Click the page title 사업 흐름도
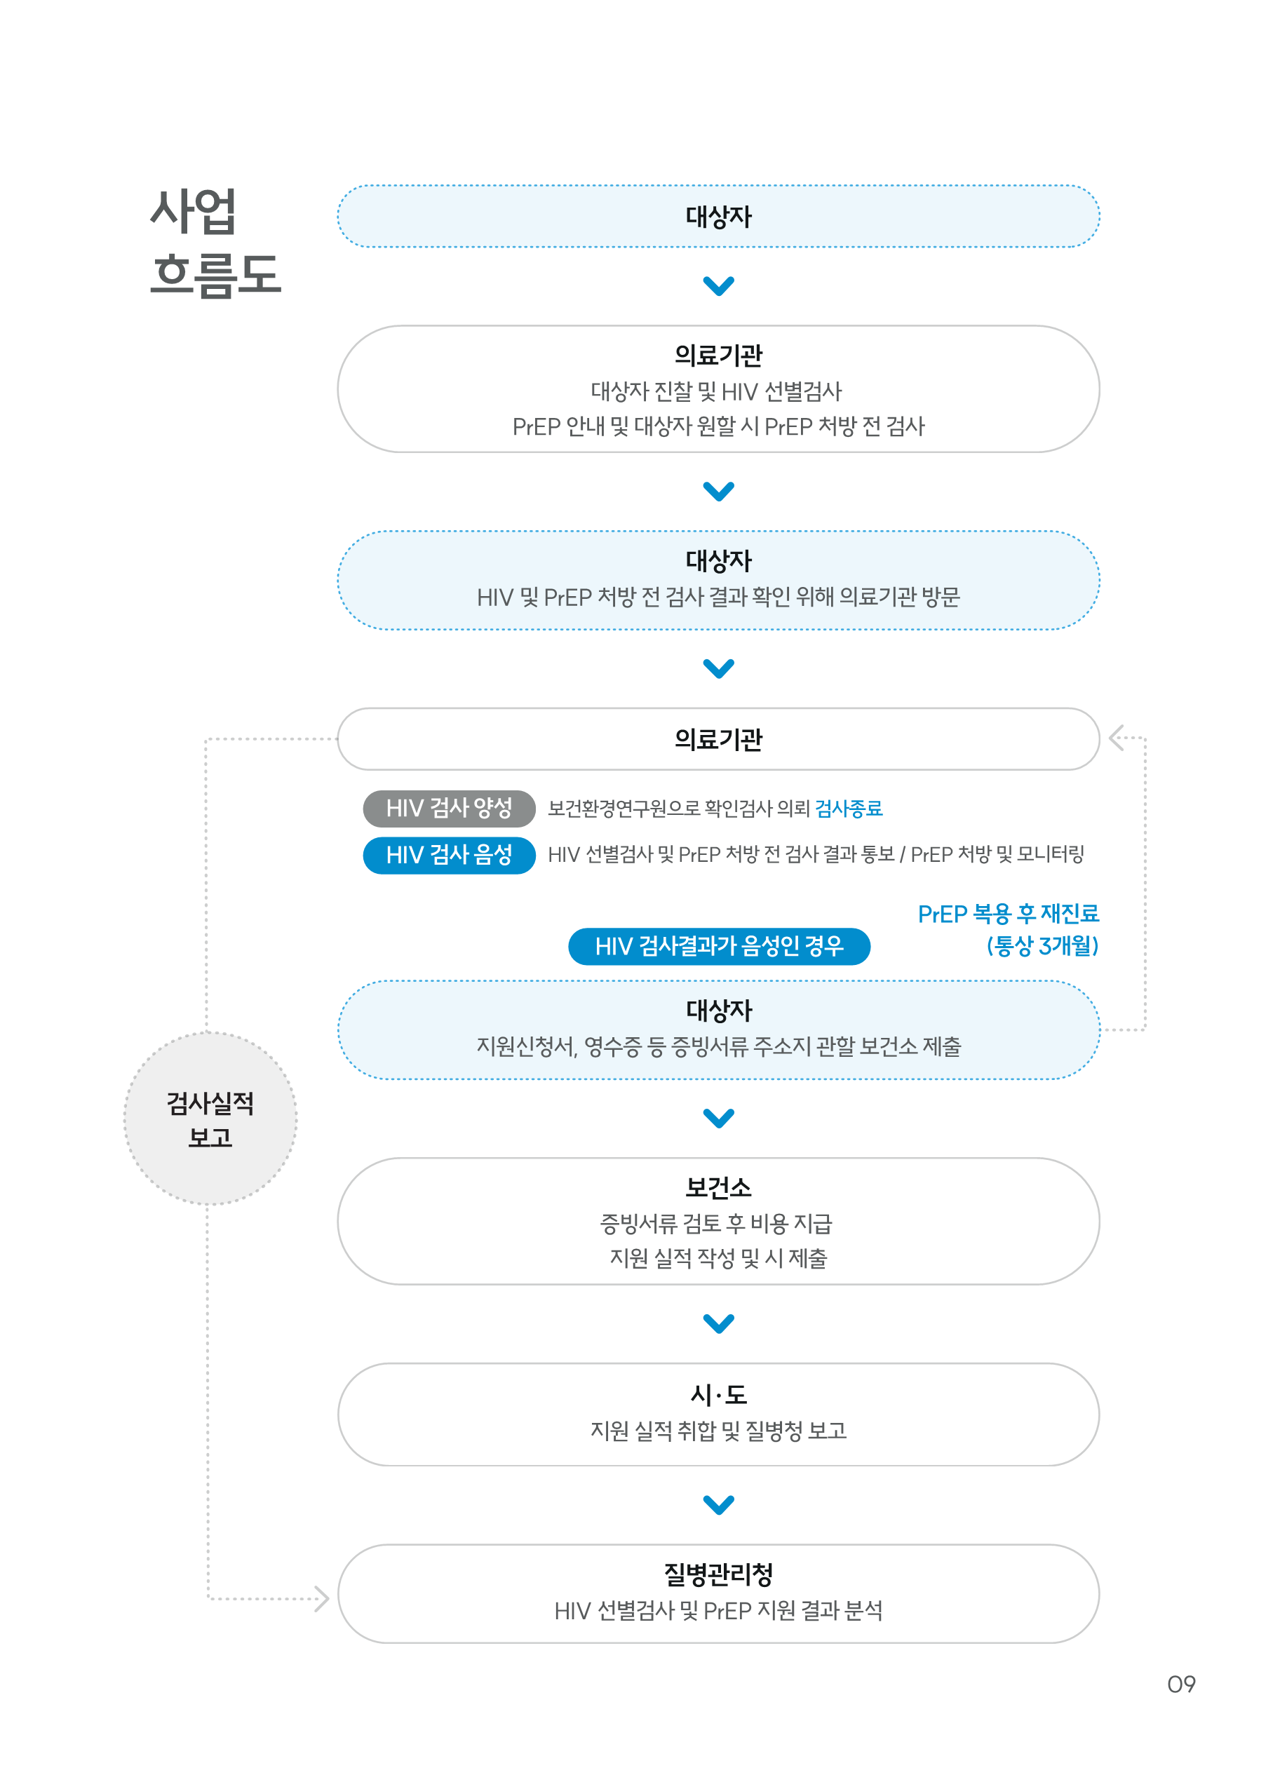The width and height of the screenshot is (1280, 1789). [215, 242]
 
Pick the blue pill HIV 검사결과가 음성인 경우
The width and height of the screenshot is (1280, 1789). [719, 946]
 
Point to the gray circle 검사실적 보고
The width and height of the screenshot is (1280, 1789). [210, 1119]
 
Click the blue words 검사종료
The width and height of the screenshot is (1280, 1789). [849, 808]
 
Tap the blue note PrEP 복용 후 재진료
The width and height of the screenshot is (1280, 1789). [1008, 913]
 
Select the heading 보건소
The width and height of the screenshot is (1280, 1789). [718, 1187]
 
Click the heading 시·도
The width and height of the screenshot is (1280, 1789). [718, 1394]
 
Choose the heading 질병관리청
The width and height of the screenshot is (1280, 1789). [718, 1574]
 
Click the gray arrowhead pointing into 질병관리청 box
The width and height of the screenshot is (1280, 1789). [321, 1598]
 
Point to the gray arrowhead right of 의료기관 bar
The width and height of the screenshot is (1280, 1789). [1116, 738]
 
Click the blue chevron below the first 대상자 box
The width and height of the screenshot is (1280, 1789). [718, 285]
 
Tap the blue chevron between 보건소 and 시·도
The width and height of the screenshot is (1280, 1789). [718, 1323]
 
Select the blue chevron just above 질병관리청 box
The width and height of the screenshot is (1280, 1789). [718, 1504]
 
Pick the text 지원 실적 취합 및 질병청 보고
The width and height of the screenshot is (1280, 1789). [718, 1431]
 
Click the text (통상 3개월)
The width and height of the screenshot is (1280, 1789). [1042, 946]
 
